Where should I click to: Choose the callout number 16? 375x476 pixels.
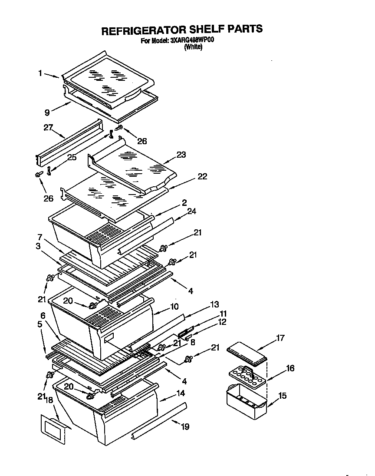[290, 368]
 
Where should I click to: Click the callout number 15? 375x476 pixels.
[282, 396]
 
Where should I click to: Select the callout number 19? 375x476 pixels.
[185, 427]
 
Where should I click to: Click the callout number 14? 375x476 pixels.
[180, 393]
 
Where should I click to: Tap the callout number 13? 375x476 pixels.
[214, 304]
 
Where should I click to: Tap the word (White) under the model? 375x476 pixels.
[193, 48]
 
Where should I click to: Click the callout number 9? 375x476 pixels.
[46, 112]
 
